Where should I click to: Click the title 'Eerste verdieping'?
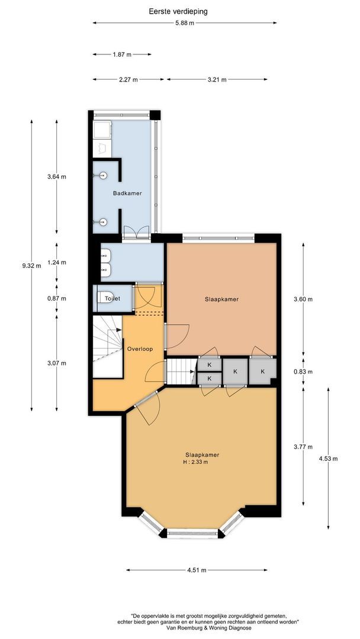pyautogui.click(x=178, y=11)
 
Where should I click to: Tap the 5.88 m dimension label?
pyautogui.click(x=185, y=23)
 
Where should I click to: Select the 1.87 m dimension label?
pyautogui.click(x=122, y=54)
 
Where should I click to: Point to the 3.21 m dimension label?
pyautogui.click(x=217, y=79)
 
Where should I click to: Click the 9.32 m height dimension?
pyautogui.click(x=31, y=266)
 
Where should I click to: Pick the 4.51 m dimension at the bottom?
pyautogui.click(x=197, y=570)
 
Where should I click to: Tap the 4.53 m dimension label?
pyautogui.click(x=328, y=459)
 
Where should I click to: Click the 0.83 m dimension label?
pyautogui.click(x=303, y=372)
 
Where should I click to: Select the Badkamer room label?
pyautogui.click(x=127, y=193)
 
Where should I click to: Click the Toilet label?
pyautogui.click(x=112, y=299)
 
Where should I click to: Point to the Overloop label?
pyautogui.click(x=140, y=349)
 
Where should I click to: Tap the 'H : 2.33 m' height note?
pyautogui.click(x=196, y=461)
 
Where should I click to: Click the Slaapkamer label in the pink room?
pyautogui.click(x=221, y=299)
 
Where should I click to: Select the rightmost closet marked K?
pyautogui.click(x=262, y=371)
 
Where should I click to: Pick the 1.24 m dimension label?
pyautogui.click(x=57, y=262)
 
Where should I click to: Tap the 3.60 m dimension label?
pyautogui.click(x=303, y=299)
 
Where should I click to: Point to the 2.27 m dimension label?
pyautogui.click(x=128, y=79)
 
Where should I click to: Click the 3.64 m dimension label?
pyautogui.click(x=57, y=177)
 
